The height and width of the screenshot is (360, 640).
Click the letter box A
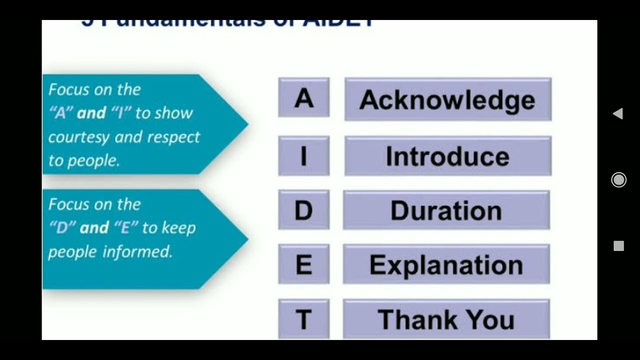tap(303, 98)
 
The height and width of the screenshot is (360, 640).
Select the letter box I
tap(303, 156)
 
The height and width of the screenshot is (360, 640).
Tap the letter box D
tap(303, 210)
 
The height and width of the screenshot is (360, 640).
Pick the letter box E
tap(303, 264)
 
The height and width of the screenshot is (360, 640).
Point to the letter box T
tap(303, 319)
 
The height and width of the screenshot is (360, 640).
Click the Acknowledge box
tap(447, 99)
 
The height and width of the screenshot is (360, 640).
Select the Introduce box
tap(447, 156)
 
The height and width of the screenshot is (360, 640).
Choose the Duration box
tap(446, 210)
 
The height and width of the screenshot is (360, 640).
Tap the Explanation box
tap(446, 264)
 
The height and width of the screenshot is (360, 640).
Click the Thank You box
tap(446, 319)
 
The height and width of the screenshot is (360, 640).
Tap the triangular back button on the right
tap(618, 113)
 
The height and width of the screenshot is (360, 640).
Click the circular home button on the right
tap(618, 180)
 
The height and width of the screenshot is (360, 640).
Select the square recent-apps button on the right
tap(618, 246)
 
